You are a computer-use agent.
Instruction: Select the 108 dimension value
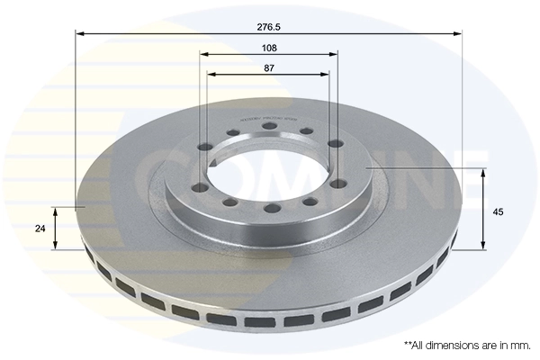(269, 47)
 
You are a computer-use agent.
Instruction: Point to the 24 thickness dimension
(40, 229)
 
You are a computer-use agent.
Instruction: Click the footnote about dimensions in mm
(467, 345)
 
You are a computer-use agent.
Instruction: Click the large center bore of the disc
(267, 166)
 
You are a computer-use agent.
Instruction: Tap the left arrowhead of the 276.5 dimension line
(79, 34)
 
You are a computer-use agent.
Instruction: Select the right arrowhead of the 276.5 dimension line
(458, 34)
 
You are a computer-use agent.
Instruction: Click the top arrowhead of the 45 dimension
(486, 173)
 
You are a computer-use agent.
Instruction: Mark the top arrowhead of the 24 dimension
(56, 211)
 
